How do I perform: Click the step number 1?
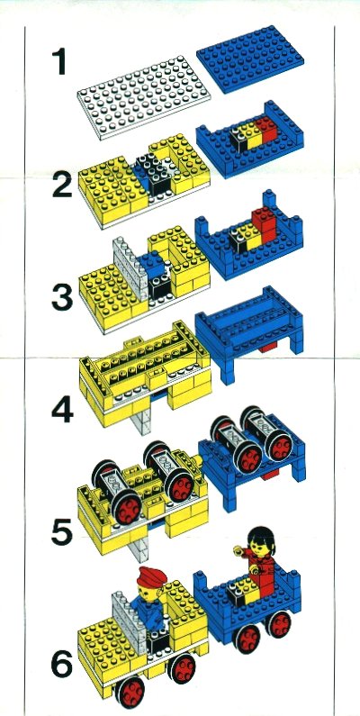58,62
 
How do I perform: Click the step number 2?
62,184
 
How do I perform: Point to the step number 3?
62,297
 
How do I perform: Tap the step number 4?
62,410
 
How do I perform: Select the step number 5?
62,532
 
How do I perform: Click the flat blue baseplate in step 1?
250,59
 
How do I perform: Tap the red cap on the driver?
151,576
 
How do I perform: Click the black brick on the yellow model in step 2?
152,174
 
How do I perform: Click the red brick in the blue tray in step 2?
266,130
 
